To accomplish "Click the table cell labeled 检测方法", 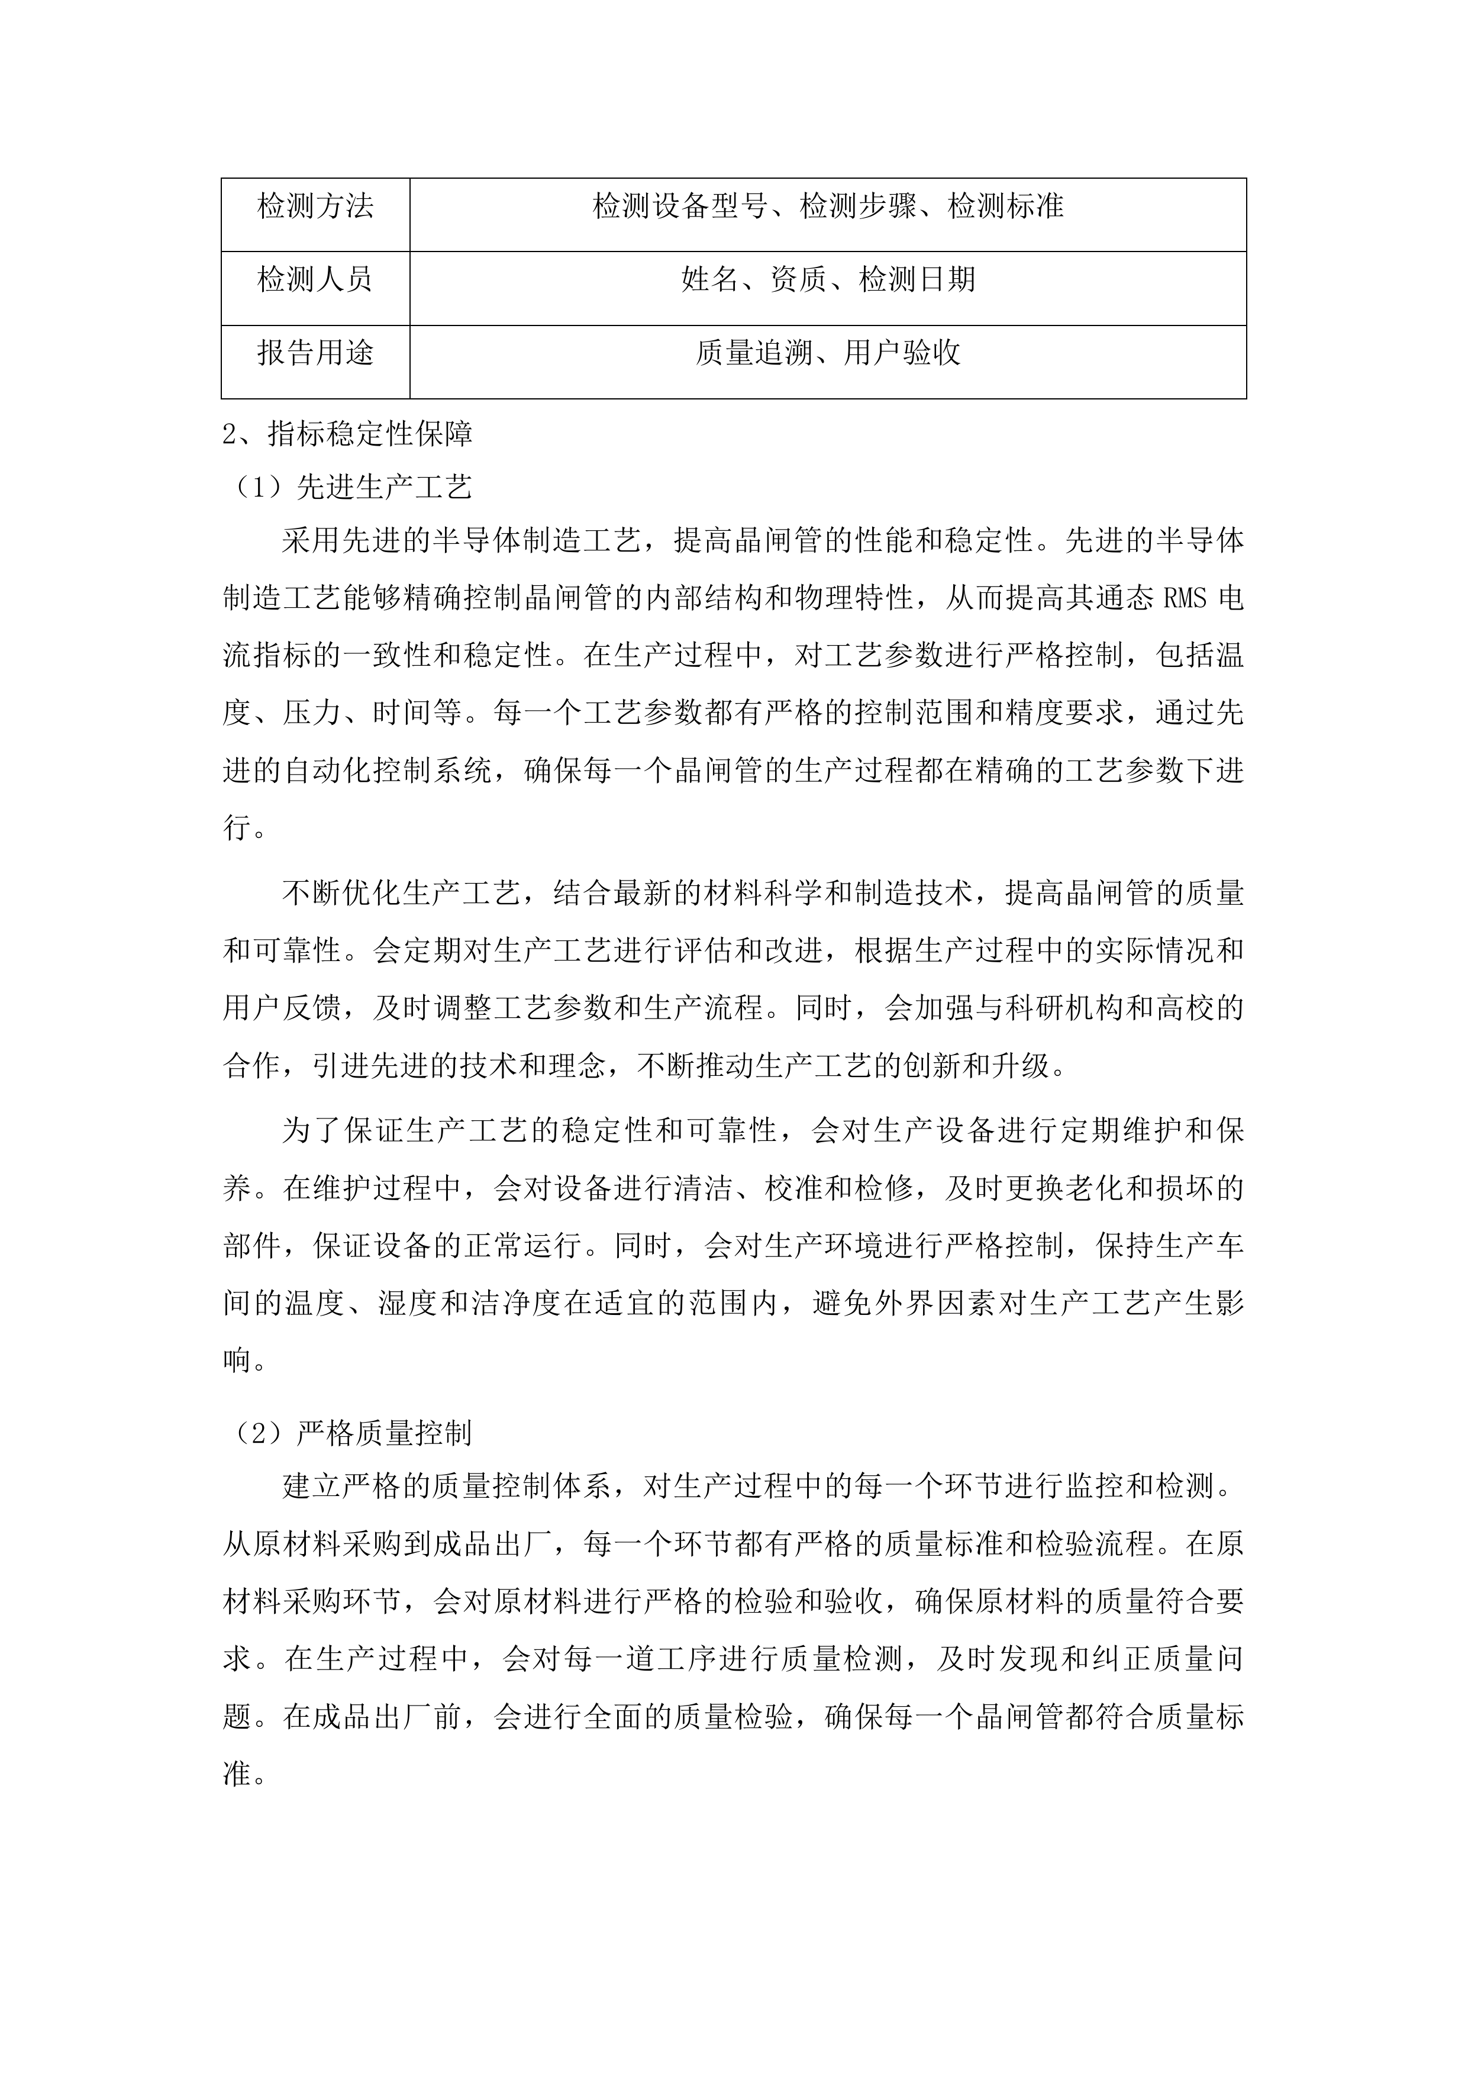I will click(315, 207).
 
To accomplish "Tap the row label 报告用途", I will click(315, 353).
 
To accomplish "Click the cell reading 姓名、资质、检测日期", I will click(828, 279).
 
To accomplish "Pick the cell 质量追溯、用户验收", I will click(828, 353).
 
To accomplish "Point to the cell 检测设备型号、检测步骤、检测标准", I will click(828, 207).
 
